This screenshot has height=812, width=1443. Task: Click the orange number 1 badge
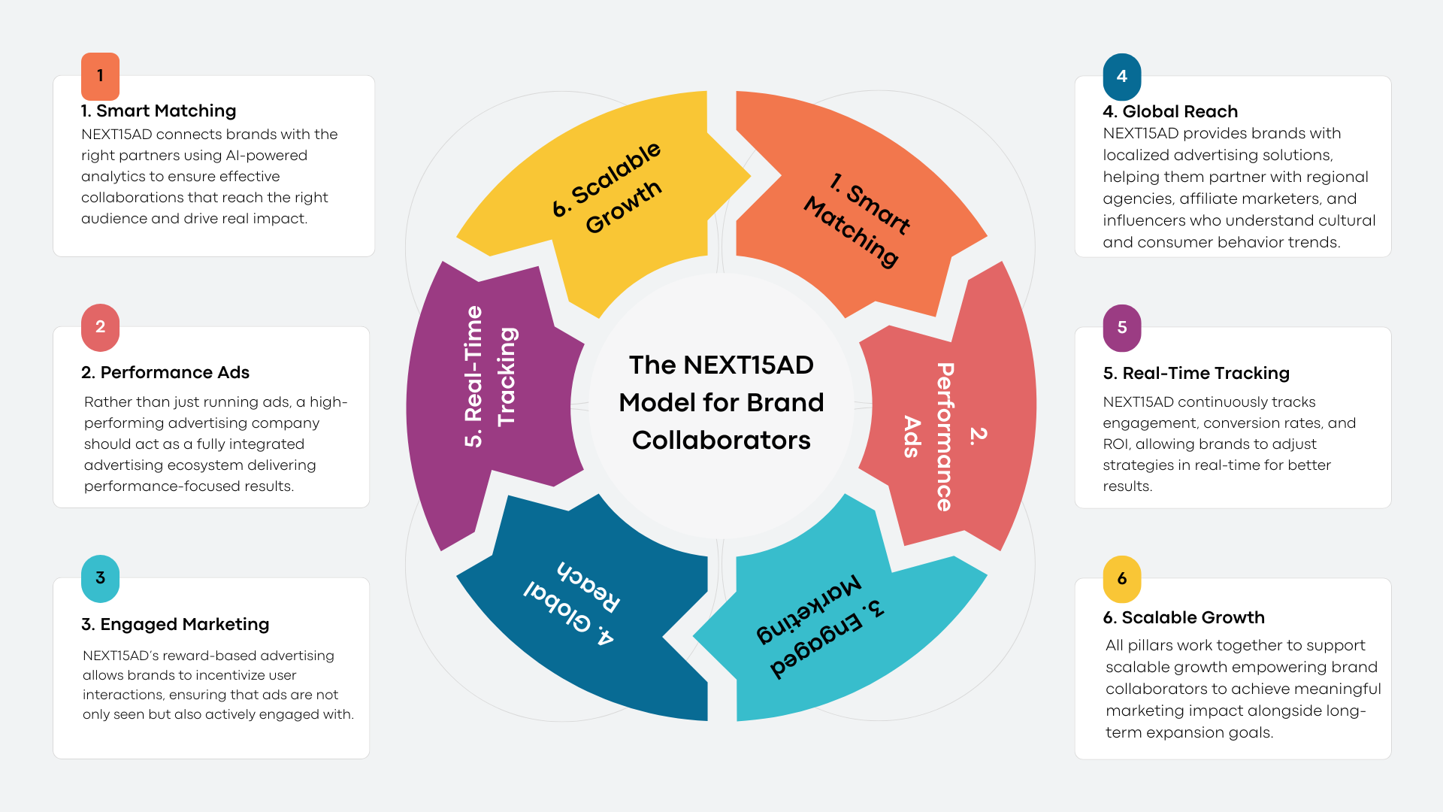pos(100,76)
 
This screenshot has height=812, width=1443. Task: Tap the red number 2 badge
pos(100,327)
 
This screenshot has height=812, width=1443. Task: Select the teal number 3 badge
pos(100,578)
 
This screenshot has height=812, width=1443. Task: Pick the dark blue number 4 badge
pos(1122,77)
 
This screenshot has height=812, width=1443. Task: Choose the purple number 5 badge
pos(1122,328)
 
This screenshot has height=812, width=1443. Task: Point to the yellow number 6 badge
pos(1122,579)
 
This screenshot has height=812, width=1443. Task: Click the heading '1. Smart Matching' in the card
pos(159,111)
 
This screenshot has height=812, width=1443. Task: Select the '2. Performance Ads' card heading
pos(165,373)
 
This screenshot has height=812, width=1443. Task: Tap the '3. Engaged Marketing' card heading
pos(175,625)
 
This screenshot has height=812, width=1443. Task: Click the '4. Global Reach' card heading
pos(1170,112)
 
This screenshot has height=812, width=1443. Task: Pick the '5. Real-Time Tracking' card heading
pos(1196,374)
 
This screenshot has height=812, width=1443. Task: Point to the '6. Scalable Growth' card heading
pos(1184,618)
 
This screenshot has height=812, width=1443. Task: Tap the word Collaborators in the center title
pos(721,441)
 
